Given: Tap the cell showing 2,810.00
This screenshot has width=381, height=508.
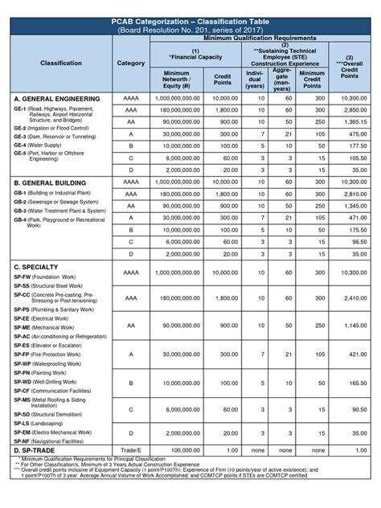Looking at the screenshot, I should click(352, 194).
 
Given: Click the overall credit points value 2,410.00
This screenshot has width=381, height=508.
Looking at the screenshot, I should click(352, 297).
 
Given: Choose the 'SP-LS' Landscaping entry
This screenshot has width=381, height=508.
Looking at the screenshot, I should click(44, 422).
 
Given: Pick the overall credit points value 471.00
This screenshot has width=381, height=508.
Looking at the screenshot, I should click(352, 218).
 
